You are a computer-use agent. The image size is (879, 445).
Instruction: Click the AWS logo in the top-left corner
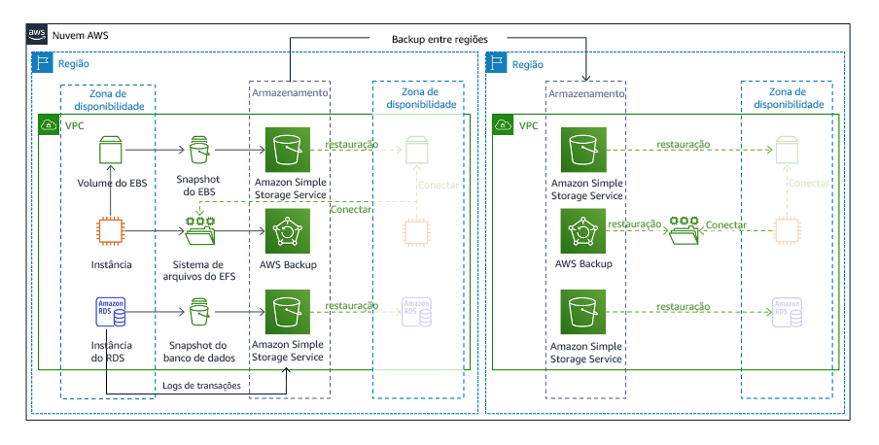coord(37,35)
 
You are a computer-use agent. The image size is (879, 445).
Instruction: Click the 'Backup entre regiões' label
coord(439,39)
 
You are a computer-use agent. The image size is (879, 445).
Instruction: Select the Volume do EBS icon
coord(111,151)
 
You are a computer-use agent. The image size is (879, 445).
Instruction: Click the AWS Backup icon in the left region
coord(289,231)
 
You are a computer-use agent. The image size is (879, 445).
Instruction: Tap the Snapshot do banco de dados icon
coord(198,313)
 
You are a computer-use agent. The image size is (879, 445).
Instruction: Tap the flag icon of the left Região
coord(42,63)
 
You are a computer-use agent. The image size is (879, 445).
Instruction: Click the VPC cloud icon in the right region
coord(504,125)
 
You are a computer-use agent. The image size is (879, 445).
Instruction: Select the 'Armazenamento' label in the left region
coord(289,94)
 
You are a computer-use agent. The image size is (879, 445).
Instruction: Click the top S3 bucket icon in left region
coord(289,151)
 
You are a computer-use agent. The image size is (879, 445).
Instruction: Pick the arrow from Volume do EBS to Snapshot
coord(156,151)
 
